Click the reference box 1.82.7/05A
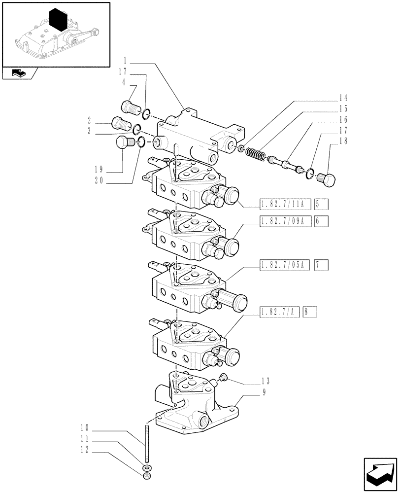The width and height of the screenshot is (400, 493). [x=283, y=266]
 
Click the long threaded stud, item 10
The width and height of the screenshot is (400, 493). [x=146, y=443]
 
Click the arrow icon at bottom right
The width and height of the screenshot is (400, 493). [x=380, y=473]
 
